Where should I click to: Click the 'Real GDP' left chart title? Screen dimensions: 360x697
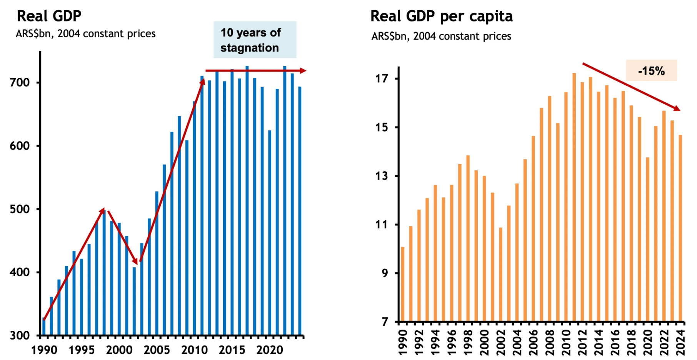(49, 16)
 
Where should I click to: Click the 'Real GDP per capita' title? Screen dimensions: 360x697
(441, 16)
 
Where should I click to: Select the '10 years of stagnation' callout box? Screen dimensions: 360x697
(255, 40)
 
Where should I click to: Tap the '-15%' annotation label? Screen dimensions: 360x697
(651, 71)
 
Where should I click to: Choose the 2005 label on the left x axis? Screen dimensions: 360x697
(157, 350)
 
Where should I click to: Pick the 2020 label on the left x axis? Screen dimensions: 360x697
(269, 350)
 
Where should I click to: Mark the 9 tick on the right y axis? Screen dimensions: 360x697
(385, 273)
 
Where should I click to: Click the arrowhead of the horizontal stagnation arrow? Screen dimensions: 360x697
(303, 71)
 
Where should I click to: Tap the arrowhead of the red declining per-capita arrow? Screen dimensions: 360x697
(677, 108)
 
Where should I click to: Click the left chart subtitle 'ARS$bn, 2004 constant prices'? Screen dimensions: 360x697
(85, 34)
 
